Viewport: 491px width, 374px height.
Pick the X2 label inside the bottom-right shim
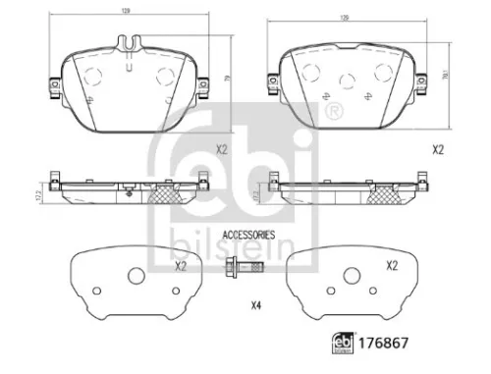[x=391, y=266]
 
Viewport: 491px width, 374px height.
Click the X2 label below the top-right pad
[x=437, y=150]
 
